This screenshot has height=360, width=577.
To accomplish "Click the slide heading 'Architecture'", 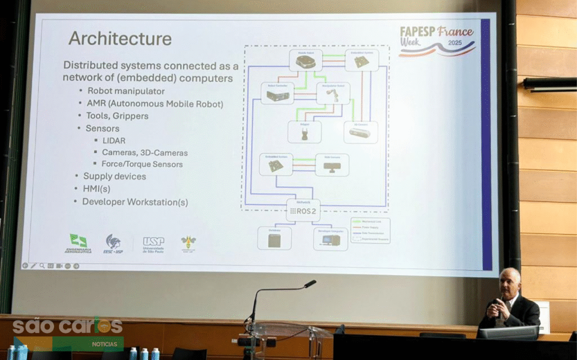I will click(119, 39).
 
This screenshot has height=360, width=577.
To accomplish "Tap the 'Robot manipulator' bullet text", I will click(126, 91).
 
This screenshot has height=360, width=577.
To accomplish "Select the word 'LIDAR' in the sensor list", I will click(114, 140).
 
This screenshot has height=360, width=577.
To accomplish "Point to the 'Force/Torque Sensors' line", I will click(142, 165).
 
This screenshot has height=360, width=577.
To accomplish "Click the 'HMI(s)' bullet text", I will click(92, 189).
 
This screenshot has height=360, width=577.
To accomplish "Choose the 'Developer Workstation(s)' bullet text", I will click(135, 202).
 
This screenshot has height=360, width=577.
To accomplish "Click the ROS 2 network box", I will click(303, 211).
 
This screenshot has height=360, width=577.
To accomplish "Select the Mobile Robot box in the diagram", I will click(305, 60).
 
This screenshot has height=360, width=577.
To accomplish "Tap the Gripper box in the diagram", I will click(304, 132).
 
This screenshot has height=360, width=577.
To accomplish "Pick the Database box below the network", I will click(274, 238).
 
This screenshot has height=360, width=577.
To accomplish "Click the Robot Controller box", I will click(277, 94).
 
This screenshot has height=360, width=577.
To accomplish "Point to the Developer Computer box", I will click(330, 238).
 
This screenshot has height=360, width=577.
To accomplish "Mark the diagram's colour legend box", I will click(370, 230).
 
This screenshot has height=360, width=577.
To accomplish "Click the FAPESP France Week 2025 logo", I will click(436, 41).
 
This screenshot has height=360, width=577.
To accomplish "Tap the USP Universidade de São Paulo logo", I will click(153, 244).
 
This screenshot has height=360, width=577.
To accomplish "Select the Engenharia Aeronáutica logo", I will click(78, 243).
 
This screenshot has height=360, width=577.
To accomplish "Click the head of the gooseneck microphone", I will click(310, 284).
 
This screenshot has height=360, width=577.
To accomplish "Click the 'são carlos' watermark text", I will click(67, 326).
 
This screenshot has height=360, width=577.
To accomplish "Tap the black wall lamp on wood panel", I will click(549, 84).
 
